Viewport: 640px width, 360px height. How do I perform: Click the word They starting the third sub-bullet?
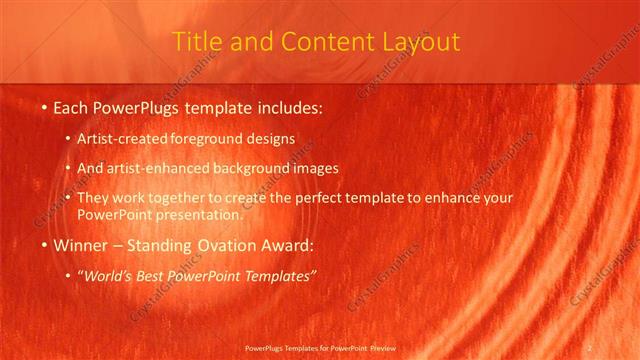click(x=92, y=199)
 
